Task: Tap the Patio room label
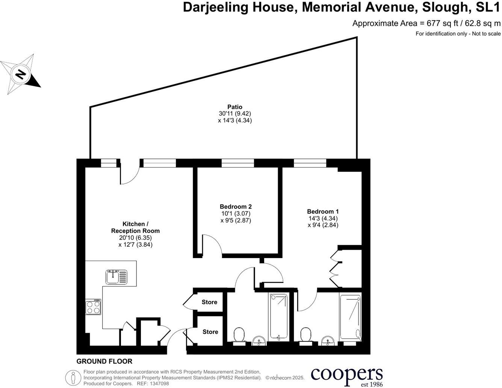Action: [234, 107]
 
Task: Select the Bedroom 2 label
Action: [236, 207]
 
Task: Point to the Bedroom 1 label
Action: [323, 211]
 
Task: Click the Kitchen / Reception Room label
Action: [135, 228]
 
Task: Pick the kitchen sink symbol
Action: [117, 277]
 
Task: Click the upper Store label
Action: [209, 302]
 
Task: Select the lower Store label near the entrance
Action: [210, 332]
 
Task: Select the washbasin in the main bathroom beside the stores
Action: [259, 341]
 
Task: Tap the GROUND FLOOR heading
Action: [104, 361]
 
